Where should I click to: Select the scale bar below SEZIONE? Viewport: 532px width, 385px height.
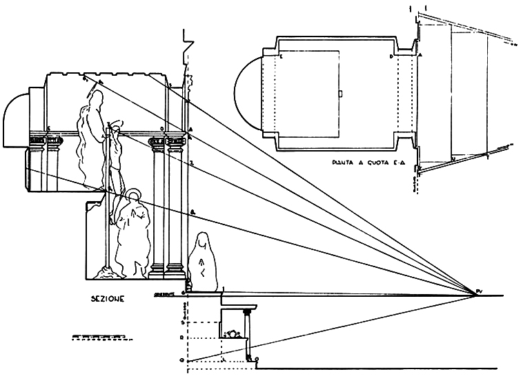click(x=97, y=337)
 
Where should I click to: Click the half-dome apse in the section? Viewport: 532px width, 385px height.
click(x=15, y=121)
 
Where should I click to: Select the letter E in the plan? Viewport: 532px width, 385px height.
click(x=282, y=57)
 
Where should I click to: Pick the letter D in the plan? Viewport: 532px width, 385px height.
click(x=391, y=57)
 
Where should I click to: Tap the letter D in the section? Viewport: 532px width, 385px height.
click(x=161, y=128)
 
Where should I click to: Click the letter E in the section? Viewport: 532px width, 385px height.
click(x=48, y=128)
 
